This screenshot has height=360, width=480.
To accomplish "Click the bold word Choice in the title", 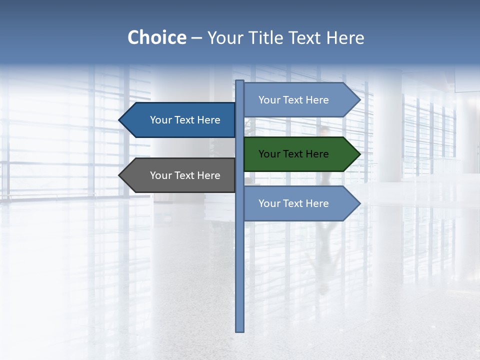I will (x=156, y=37).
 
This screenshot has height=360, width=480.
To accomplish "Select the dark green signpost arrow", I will (x=300, y=154).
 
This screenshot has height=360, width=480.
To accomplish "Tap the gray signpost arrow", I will (x=180, y=175).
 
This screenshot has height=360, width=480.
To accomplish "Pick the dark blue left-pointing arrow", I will (x=180, y=120).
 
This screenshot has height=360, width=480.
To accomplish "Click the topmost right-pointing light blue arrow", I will (x=300, y=100).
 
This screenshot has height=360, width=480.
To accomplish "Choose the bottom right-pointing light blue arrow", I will (x=300, y=203).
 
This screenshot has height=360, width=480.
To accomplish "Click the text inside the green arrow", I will (x=293, y=154).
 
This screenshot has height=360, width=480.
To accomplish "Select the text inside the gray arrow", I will (x=185, y=175).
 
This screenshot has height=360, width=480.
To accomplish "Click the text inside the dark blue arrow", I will (x=185, y=120).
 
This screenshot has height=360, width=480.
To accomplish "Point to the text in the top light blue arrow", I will (x=293, y=100).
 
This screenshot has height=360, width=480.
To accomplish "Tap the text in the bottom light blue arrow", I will (x=293, y=203).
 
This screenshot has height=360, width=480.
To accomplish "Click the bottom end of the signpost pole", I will (x=240, y=329).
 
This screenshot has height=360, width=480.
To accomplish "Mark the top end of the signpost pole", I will (x=240, y=82).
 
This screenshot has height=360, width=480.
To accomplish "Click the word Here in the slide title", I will (x=345, y=37).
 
